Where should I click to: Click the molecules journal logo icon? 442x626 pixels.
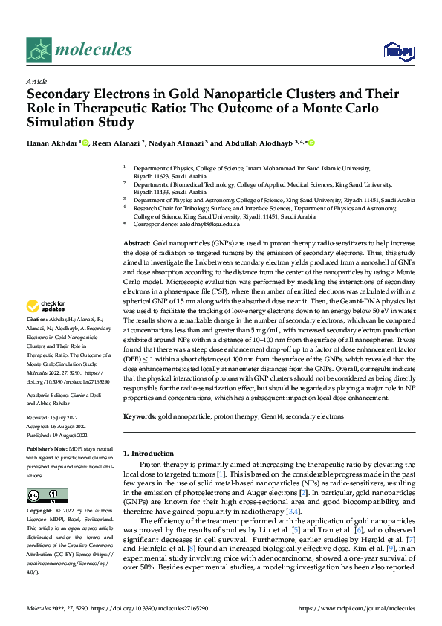[39, 50]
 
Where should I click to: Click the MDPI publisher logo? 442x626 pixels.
[397, 50]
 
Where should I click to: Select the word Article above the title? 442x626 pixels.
[36, 81]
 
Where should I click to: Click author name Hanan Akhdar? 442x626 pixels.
[51, 143]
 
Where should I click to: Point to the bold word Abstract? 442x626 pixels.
[136, 244]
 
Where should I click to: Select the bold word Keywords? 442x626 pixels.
[140, 417]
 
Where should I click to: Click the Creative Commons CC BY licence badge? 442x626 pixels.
[48, 496]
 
